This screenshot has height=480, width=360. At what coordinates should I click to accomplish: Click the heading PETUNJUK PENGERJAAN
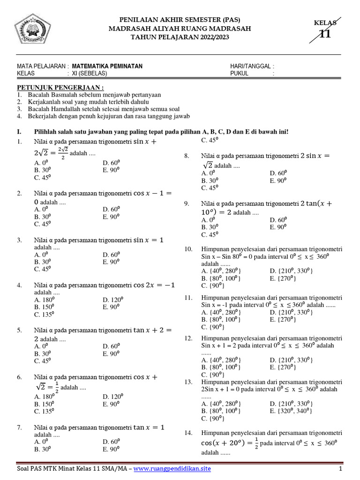(x=60, y=88)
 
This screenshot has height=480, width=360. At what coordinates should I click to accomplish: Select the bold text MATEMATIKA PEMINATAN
(x=107, y=67)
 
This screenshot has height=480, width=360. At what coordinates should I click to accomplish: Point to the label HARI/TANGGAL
(x=251, y=67)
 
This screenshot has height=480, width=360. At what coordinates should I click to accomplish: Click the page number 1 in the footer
(x=341, y=469)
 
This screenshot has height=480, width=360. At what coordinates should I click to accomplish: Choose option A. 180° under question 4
(x=45, y=300)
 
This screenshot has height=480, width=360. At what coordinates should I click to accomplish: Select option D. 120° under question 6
(x=112, y=396)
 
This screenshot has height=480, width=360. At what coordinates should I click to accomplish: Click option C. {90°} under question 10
(x=211, y=285)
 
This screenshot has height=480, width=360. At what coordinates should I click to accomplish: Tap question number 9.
(x=187, y=203)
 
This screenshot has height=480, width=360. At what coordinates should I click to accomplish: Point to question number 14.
(x=188, y=433)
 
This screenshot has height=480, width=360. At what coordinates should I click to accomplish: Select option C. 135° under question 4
(x=44, y=315)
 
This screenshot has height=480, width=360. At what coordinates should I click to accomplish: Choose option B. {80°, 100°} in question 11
(x=222, y=320)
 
